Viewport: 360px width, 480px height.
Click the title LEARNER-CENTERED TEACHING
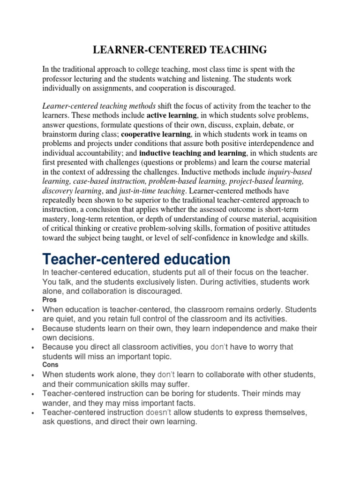(180, 49)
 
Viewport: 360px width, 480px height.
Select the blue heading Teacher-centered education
(136, 259)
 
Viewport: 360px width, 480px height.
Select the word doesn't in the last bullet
(159, 412)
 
